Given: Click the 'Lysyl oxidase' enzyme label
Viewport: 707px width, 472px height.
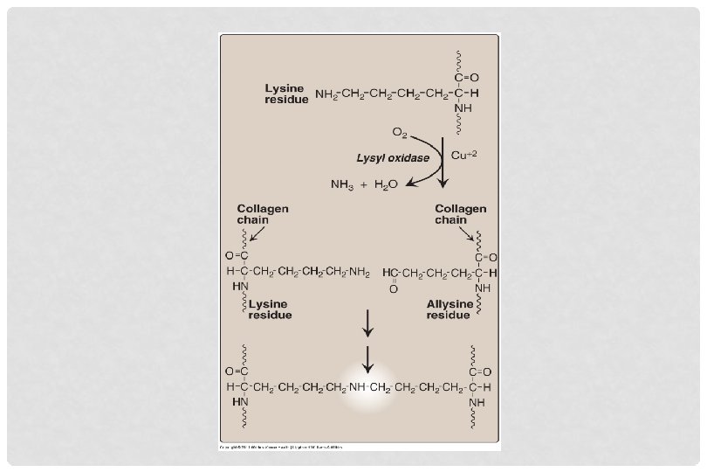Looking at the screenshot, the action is [392, 158].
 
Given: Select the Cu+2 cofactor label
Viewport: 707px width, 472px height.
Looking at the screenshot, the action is [464, 155].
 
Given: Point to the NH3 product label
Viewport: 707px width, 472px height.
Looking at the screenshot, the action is [341, 184].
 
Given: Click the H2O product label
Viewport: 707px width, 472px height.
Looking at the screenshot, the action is [386, 184].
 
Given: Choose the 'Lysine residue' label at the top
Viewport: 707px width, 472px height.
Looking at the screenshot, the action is [286, 94].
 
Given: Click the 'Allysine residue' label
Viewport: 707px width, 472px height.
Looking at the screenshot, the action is [449, 309].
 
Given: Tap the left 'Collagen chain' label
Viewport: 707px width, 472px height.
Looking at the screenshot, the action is [263, 214].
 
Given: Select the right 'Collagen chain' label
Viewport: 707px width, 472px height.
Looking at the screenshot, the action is [460, 214].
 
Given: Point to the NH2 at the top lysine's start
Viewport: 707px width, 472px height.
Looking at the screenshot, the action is [326, 93].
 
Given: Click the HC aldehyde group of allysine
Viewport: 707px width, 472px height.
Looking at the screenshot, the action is [392, 272].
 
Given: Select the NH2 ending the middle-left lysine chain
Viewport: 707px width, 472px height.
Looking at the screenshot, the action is [359, 272].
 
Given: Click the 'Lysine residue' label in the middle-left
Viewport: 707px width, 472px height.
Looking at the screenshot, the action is [270, 309].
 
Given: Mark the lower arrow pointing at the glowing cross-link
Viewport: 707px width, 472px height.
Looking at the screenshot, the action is [368, 357].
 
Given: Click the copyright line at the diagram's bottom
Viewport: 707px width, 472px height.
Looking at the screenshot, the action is [280, 447].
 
